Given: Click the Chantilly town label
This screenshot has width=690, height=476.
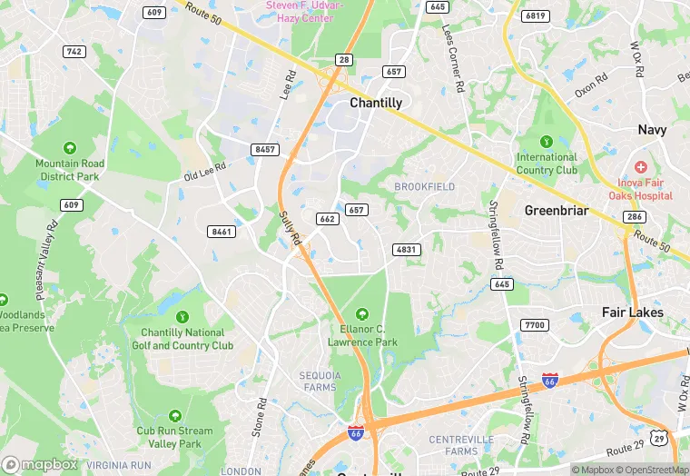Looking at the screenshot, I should (x=376, y=103).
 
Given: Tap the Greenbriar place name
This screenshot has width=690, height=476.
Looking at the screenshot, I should (x=557, y=211).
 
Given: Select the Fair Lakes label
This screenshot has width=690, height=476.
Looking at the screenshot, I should (x=633, y=312).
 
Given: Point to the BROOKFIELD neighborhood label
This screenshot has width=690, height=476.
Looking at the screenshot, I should (x=425, y=186).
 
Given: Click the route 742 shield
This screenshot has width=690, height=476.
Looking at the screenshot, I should (x=74, y=52).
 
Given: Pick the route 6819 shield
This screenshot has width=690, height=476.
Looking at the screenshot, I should (x=536, y=15).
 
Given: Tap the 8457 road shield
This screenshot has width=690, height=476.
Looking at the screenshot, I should (x=266, y=149).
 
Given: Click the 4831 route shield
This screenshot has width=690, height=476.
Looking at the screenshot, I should (x=407, y=249).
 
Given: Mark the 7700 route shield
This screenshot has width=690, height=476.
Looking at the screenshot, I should (x=535, y=325).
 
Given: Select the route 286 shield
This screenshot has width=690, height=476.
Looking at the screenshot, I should (x=633, y=217).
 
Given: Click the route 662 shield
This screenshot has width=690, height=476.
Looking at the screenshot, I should (x=329, y=219).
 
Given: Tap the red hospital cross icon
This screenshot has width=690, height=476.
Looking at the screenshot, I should (x=641, y=167).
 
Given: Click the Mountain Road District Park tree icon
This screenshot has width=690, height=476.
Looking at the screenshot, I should (x=70, y=148).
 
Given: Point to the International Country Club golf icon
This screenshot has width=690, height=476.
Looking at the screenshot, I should (x=547, y=141).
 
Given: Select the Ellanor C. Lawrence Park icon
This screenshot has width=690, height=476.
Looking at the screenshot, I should (x=362, y=314).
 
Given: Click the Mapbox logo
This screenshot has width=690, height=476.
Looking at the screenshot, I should (x=41, y=464).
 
